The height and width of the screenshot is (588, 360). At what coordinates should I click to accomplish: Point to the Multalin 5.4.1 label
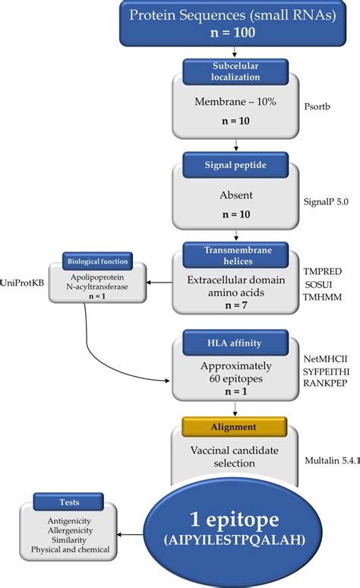330,460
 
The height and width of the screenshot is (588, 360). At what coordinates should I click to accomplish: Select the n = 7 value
229,307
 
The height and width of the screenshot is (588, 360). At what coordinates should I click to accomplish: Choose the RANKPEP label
325,383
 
